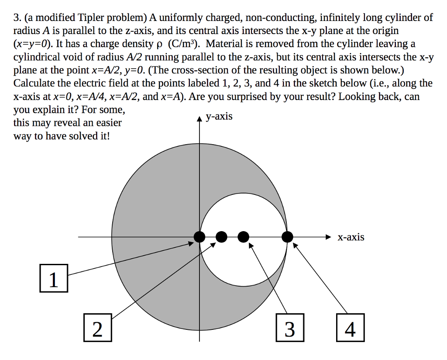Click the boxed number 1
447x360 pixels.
53,278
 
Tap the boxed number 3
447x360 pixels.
289,329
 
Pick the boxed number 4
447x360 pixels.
350,329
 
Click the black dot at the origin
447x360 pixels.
199,237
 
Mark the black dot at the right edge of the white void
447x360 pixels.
287,237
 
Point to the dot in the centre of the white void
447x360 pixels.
243,237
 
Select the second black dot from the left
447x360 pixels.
221,237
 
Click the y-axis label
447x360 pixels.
219,116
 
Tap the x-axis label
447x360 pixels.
351,237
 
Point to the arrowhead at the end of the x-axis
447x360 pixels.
330,237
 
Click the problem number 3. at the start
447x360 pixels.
17,18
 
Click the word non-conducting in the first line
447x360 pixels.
279,18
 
